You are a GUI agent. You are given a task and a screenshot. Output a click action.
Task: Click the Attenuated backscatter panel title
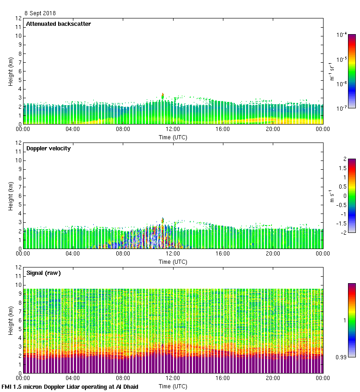point(59,24)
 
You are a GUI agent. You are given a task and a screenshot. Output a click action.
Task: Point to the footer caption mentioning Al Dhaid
point(70,387)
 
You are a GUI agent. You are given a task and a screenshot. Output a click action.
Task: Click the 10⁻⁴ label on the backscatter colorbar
point(342,35)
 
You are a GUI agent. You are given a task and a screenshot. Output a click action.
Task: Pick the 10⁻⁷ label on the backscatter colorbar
point(342,108)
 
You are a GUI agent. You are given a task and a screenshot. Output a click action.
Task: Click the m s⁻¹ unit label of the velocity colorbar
point(331,196)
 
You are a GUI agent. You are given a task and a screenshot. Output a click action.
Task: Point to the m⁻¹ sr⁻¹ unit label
point(331,71)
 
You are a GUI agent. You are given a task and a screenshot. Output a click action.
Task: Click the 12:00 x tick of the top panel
point(173,130)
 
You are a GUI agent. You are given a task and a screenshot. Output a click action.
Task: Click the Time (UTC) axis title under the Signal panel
point(173,386)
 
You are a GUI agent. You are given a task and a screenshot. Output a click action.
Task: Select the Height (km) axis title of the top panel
point(11,71)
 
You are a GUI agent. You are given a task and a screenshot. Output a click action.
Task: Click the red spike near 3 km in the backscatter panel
point(162,96)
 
